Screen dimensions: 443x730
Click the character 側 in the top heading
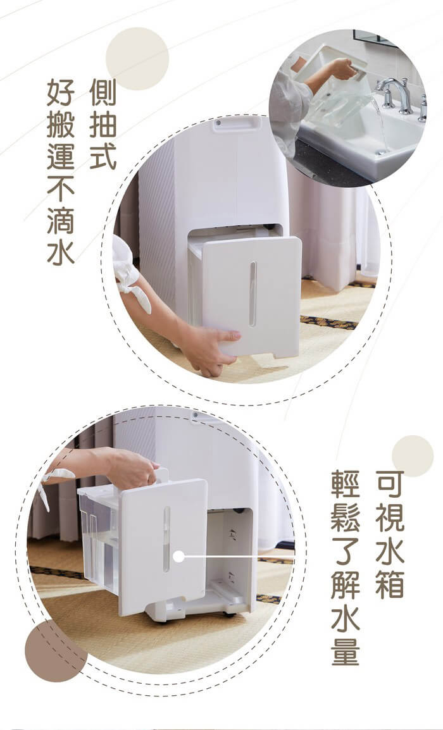click(103, 92)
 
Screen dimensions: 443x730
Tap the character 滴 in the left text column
click(61, 219)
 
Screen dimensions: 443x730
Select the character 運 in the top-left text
click(61, 156)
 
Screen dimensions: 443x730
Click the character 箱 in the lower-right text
click(390, 584)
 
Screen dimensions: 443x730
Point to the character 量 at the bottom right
click(345, 651)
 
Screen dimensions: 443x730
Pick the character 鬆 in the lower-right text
click(345, 517)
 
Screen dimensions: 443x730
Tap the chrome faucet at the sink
click(395, 93)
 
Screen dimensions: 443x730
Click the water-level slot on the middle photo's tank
click(253, 294)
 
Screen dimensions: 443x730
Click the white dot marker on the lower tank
click(178, 556)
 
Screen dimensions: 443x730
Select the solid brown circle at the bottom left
click(56, 651)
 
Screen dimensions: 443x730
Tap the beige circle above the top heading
click(137, 59)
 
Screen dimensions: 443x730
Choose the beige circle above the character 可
click(413, 456)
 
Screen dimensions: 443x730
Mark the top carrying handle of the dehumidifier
click(237, 124)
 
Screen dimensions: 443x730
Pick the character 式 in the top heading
click(103, 156)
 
